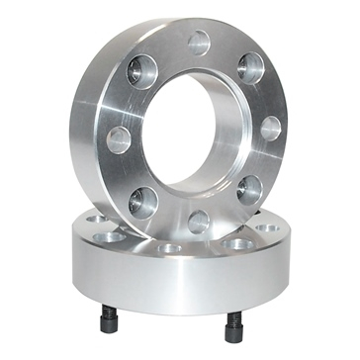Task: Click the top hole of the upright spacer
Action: (x=200, y=43)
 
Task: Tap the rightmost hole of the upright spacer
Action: (x=270, y=129)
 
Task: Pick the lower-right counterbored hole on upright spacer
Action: (x=249, y=189)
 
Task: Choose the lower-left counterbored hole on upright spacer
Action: (x=142, y=201)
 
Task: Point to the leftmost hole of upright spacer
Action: (x=119, y=139)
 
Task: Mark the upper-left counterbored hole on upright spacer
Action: (x=142, y=72)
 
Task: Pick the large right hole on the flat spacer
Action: (x=240, y=243)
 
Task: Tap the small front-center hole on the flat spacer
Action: (x=170, y=247)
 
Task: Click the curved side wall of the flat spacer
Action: (x=168, y=287)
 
